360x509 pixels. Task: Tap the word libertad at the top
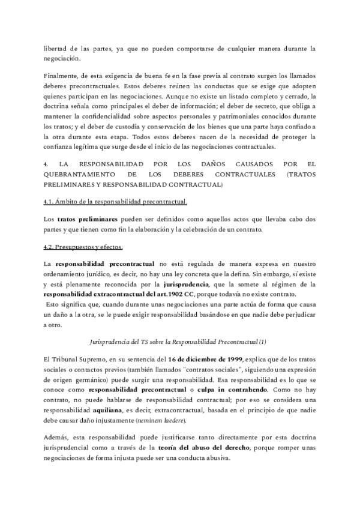pos(55,47)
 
